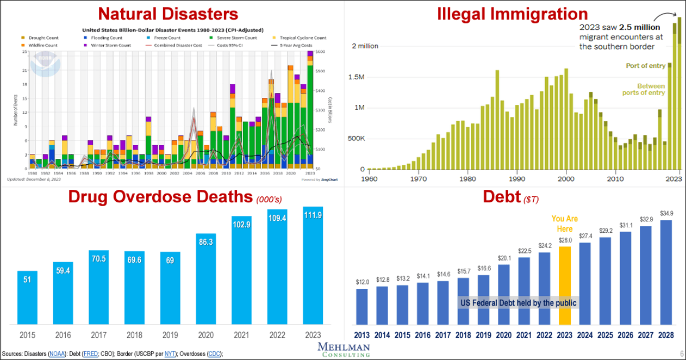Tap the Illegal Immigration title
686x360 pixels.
coord(513,13)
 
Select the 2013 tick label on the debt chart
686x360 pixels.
coord(363,334)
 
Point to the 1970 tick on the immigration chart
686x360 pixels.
coord(418,178)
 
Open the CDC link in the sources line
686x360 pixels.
coord(214,354)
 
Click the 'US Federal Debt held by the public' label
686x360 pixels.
coord(517,302)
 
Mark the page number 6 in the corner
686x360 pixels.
coord(681,353)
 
